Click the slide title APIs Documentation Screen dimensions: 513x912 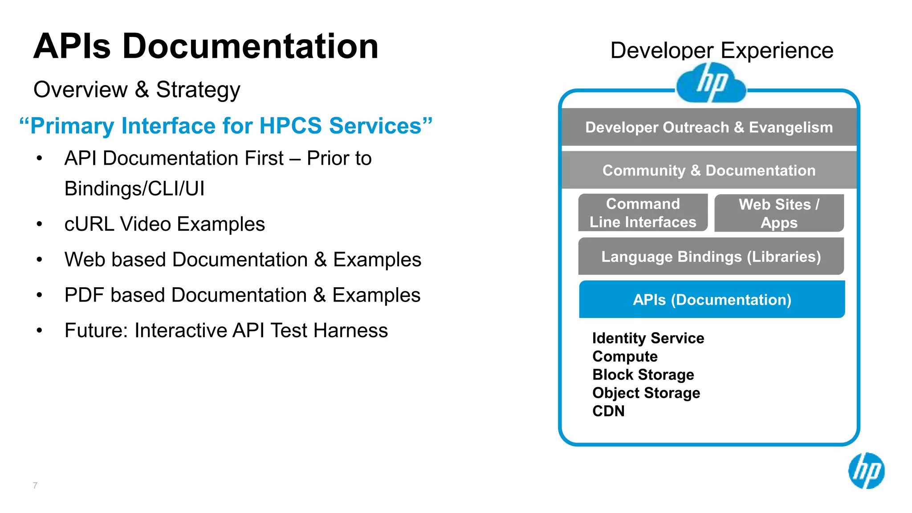coord(206,46)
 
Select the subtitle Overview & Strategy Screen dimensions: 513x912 coord(137,90)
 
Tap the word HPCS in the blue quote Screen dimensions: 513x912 coord(290,126)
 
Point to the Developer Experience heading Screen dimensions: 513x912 coord(721,50)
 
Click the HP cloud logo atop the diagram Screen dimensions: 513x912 coord(711,83)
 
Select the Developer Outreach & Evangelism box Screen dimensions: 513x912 coord(709,127)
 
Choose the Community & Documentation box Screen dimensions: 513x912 coord(709,171)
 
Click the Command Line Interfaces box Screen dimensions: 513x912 coord(643,213)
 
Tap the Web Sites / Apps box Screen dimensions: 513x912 coord(779,213)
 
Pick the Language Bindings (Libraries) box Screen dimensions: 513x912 coord(711,256)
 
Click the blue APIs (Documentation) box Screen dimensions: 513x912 coord(712,300)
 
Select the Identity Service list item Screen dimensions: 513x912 coord(648,338)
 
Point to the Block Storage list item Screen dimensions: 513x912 coord(643,375)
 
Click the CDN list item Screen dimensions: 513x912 coord(608,411)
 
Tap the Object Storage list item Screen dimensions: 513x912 coord(646,393)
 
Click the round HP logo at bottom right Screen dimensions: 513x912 coord(866,471)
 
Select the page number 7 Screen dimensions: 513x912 coord(35,485)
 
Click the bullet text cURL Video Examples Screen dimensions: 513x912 coord(164,224)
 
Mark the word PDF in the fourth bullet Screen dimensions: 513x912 coord(84,295)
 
